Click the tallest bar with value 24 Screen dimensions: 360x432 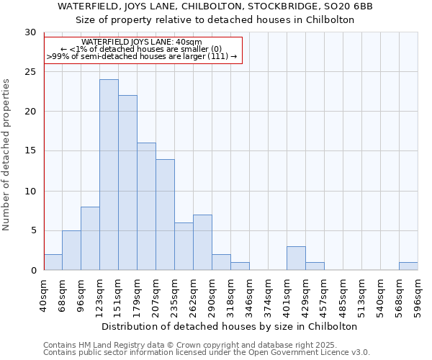(109, 175)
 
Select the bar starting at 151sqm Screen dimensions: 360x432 (127, 183)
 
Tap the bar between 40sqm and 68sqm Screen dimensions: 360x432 (53, 262)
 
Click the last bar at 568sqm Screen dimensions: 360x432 (408, 266)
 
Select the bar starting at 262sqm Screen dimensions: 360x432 (202, 243)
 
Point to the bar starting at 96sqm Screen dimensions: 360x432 (90, 238)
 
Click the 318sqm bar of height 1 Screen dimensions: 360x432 (240, 266)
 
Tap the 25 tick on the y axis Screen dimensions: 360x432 (30, 72)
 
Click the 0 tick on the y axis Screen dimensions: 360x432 (33, 271)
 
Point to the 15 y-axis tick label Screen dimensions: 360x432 (30, 151)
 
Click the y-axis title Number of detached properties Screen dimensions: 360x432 (7, 155)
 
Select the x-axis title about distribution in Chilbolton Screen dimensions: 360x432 (230, 326)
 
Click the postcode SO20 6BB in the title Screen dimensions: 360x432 (351, 6)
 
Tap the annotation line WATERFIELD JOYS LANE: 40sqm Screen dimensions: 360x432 (142, 42)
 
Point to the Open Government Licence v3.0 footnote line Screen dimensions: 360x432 (206, 353)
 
